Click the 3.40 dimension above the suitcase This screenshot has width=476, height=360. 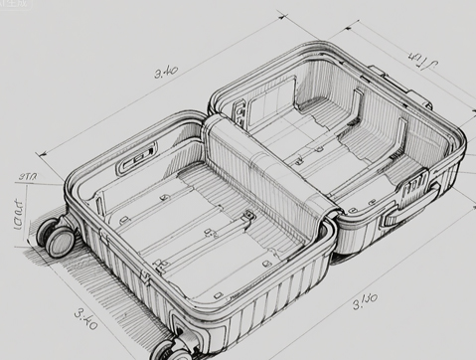tap(167, 72)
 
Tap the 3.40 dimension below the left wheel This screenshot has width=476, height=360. tap(86, 319)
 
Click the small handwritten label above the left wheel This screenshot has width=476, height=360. tap(27, 178)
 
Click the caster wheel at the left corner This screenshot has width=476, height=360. tap(57, 236)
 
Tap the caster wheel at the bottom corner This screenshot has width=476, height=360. tap(168, 348)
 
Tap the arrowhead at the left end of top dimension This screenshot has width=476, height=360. tap(40, 155)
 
